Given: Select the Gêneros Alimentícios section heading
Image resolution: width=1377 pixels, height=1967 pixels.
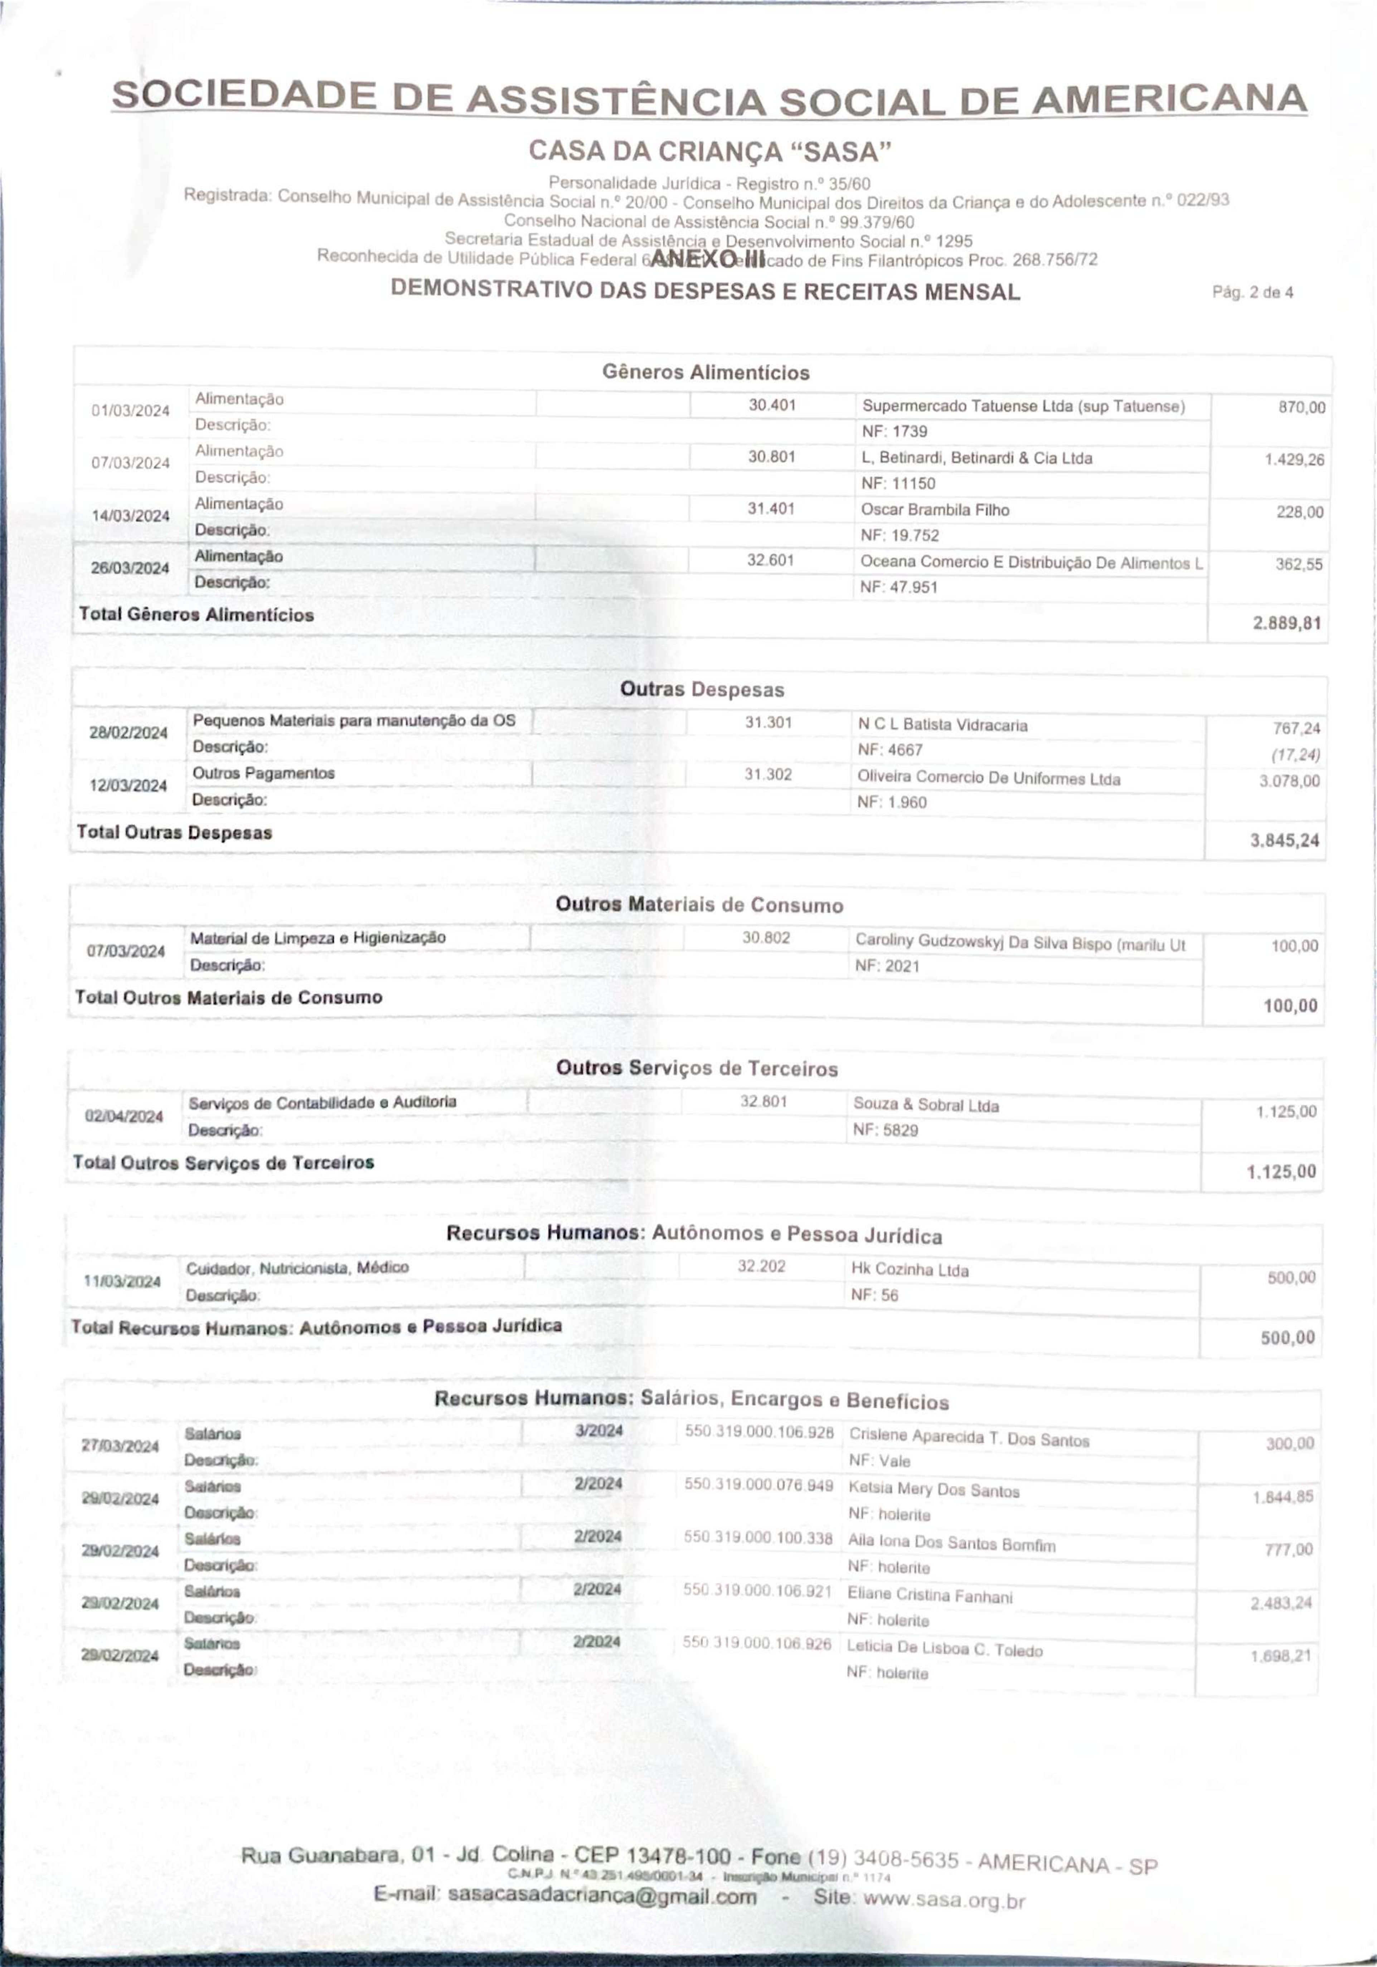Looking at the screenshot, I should pos(705,373).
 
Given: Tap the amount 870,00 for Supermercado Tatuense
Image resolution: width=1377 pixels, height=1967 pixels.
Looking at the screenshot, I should pos(1301,408).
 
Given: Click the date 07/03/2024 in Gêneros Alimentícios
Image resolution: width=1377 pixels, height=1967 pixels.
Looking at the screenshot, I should pos(130,463).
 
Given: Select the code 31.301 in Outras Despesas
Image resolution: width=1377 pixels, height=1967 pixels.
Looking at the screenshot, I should pos(768,722).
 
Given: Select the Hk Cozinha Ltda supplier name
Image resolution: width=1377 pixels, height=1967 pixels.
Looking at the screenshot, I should pos(909,1270).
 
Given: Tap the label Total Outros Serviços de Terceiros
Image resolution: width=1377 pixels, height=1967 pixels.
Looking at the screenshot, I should pos(224,1163).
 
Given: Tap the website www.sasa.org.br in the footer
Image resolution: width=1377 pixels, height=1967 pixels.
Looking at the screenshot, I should pos(944,1900).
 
